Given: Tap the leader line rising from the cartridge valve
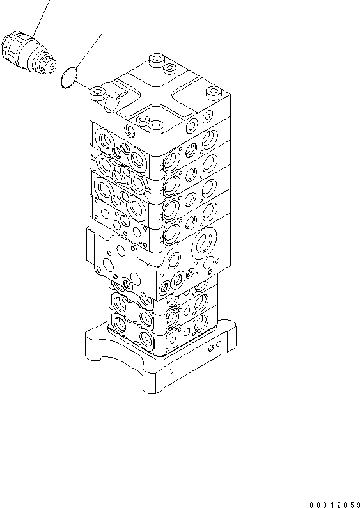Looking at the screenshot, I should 42,16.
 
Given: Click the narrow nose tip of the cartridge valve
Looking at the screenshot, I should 51,63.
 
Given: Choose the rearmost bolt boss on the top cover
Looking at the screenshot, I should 156,61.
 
